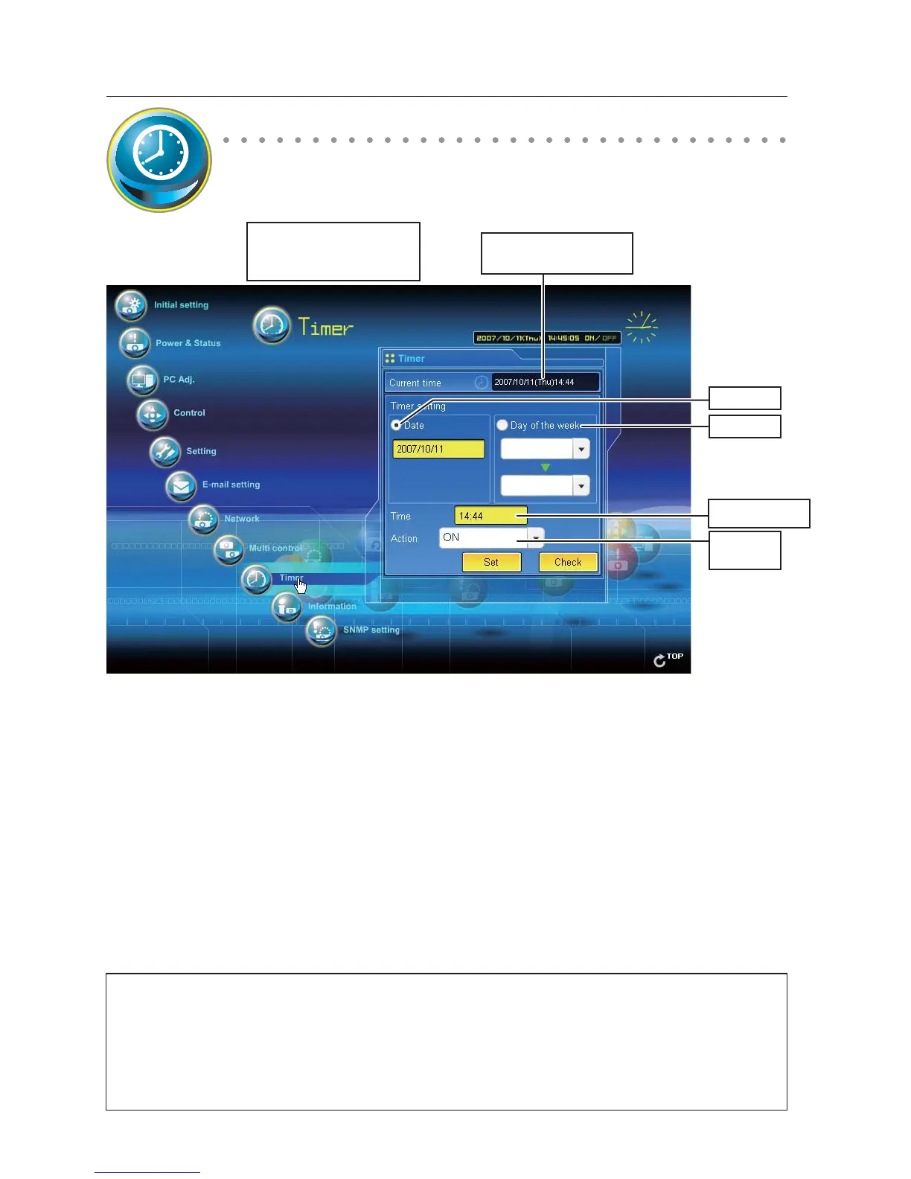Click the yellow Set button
491,562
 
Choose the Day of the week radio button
502,425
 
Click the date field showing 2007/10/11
438,449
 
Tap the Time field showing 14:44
490,515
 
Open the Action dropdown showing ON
535,537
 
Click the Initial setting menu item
181,305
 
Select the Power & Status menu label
188,343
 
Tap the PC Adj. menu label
179,380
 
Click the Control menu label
189,413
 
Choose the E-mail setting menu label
231,485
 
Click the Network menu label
242,519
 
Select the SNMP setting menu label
371,630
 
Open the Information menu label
332,607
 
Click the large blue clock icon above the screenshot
159,159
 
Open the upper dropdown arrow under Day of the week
581,449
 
